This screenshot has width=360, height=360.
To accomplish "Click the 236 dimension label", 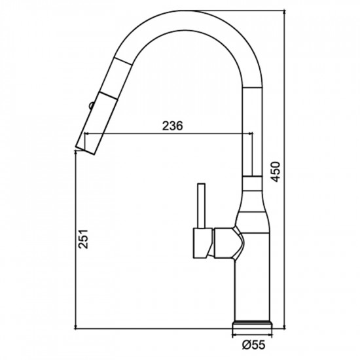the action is [172, 126].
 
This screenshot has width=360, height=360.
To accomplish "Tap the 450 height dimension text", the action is [276, 171].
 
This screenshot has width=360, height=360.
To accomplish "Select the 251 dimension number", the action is [83, 239].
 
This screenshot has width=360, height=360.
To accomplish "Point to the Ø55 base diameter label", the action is [253, 345].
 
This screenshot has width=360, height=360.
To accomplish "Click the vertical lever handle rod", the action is [202, 206].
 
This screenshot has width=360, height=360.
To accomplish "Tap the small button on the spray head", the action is [91, 105].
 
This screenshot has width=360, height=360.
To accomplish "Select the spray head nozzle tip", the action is [85, 150].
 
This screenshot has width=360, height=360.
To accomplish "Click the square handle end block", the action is [203, 243].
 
